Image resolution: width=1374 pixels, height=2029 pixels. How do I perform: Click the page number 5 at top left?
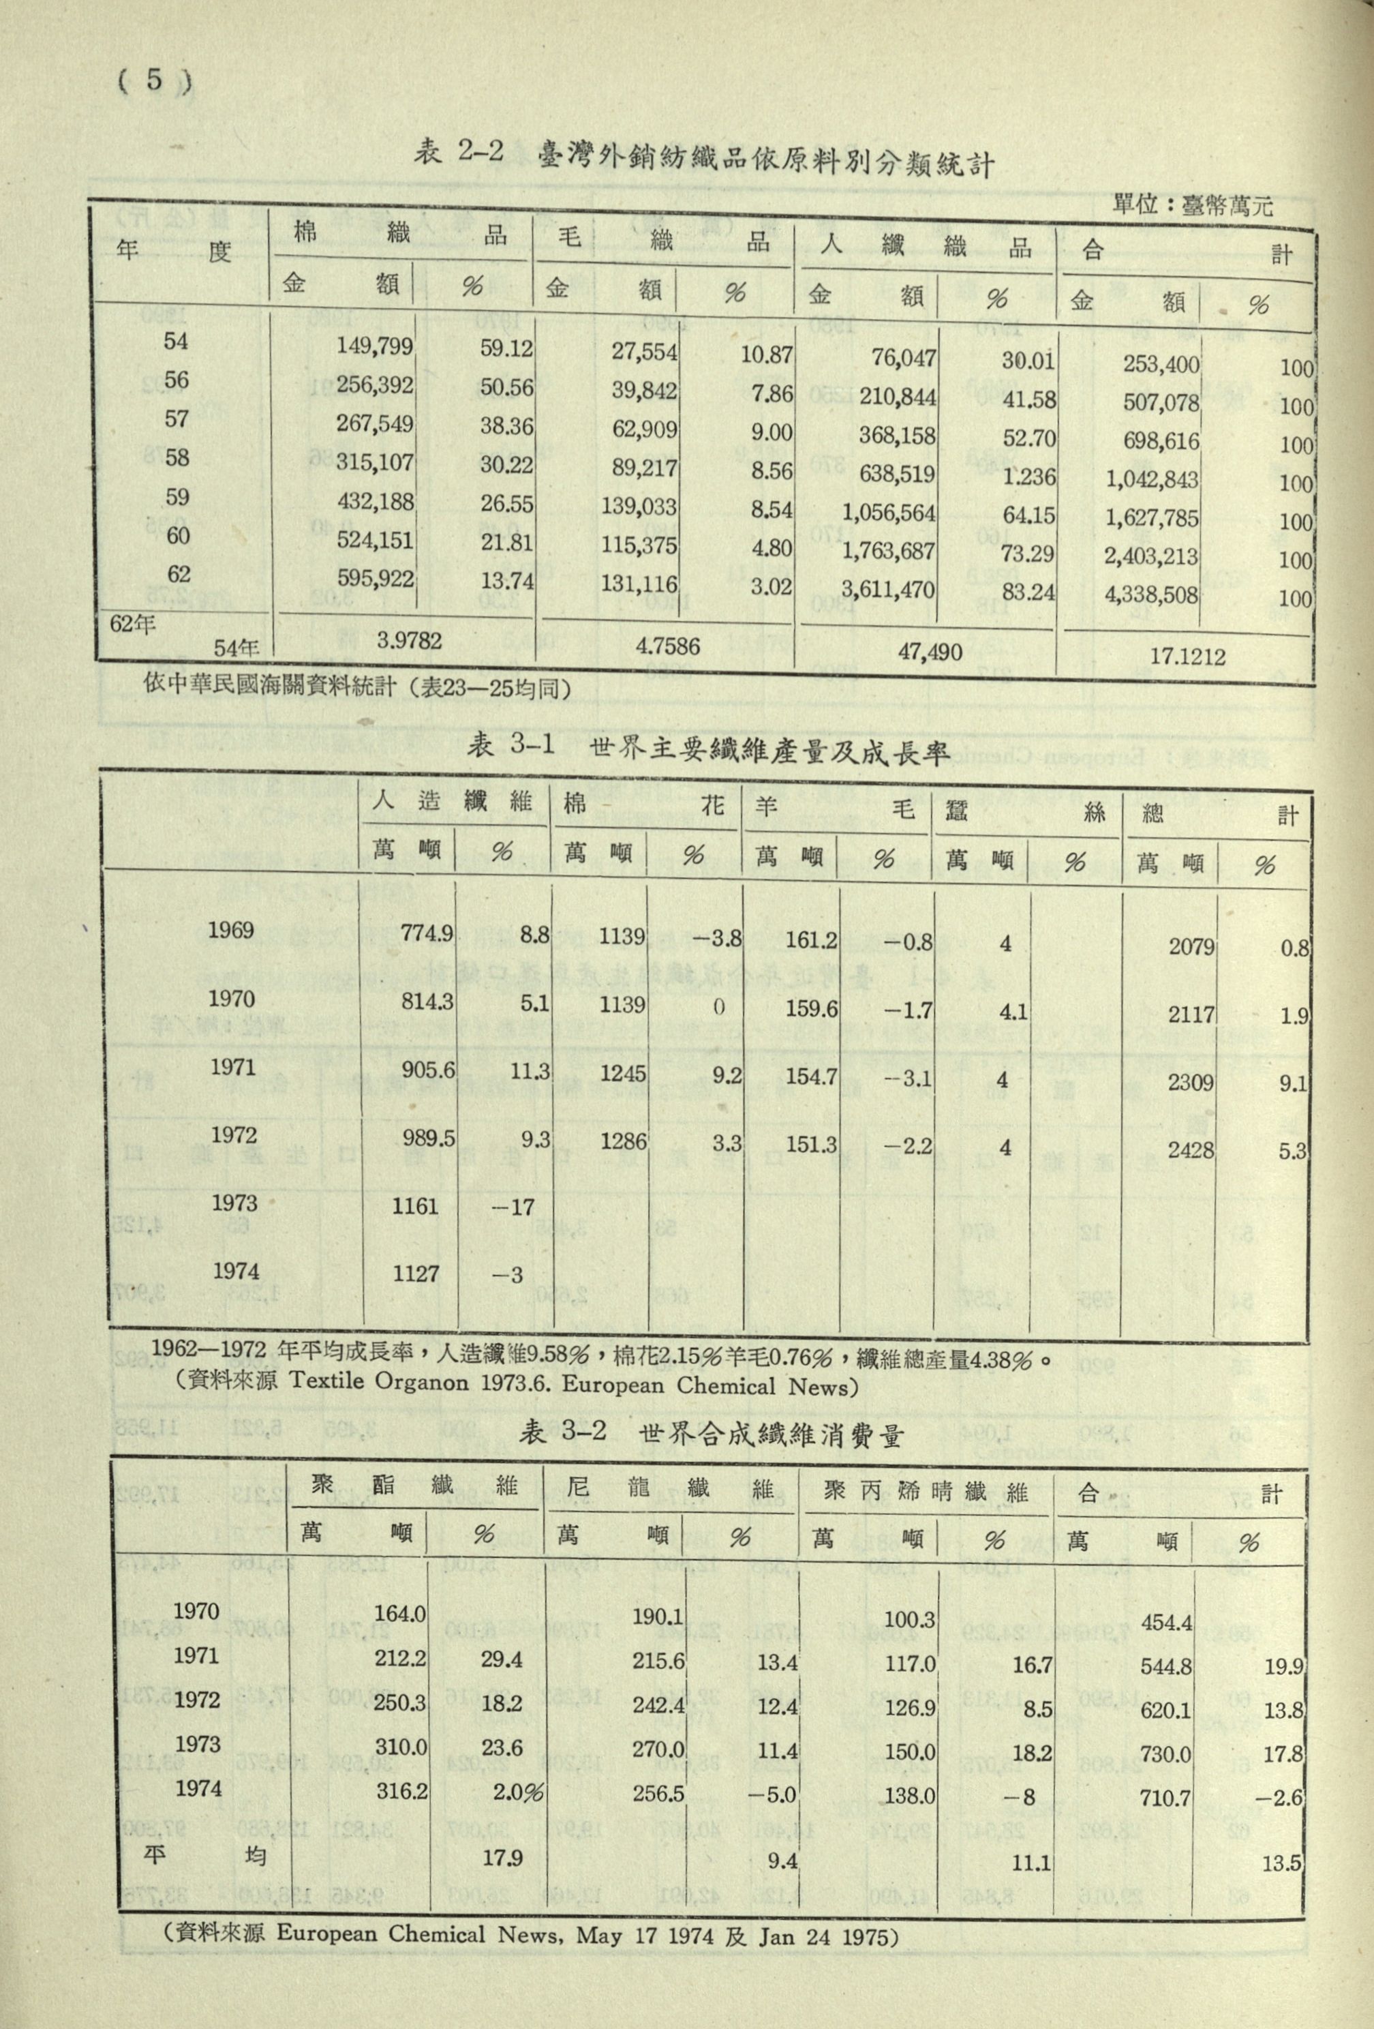(153, 81)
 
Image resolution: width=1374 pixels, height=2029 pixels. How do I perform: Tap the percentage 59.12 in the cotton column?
(506, 349)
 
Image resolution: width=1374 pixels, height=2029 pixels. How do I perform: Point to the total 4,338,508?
(1151, 595)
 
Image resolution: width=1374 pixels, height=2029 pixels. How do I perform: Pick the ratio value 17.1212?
(1187, 656)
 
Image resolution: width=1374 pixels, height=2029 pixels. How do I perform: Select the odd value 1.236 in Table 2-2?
(1029, 477)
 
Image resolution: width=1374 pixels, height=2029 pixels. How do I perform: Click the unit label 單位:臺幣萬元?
(1193, 206)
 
